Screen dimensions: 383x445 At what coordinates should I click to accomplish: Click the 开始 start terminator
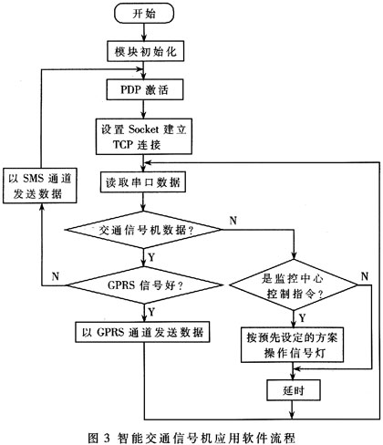144,14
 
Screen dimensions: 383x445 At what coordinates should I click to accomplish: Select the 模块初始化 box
145,51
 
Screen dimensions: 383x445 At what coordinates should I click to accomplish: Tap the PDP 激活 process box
145,89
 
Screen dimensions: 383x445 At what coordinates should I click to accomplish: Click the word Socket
144,129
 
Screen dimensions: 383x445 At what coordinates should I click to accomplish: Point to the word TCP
123,144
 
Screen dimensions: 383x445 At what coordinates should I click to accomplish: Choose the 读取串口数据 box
143,182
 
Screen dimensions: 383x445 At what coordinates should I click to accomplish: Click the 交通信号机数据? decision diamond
144,230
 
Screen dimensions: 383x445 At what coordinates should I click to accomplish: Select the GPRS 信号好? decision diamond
145,285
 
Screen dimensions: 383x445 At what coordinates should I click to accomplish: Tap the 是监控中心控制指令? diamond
294,285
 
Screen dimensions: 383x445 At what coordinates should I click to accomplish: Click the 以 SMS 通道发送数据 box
40,185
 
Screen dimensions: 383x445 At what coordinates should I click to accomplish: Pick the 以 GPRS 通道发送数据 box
142,332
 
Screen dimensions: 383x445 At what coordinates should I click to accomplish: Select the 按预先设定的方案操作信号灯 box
293,345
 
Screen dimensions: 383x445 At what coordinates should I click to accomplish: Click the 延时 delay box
294,390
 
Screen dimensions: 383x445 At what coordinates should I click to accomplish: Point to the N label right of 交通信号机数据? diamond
233,221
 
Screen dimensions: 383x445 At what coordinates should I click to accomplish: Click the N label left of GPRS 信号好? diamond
56,276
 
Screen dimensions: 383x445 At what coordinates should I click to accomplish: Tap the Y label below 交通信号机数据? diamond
151,257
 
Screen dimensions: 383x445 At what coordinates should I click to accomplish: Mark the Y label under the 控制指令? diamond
302,318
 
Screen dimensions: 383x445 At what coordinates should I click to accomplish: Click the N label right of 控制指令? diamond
365,276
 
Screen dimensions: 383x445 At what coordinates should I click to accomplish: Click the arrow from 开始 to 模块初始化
144,32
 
